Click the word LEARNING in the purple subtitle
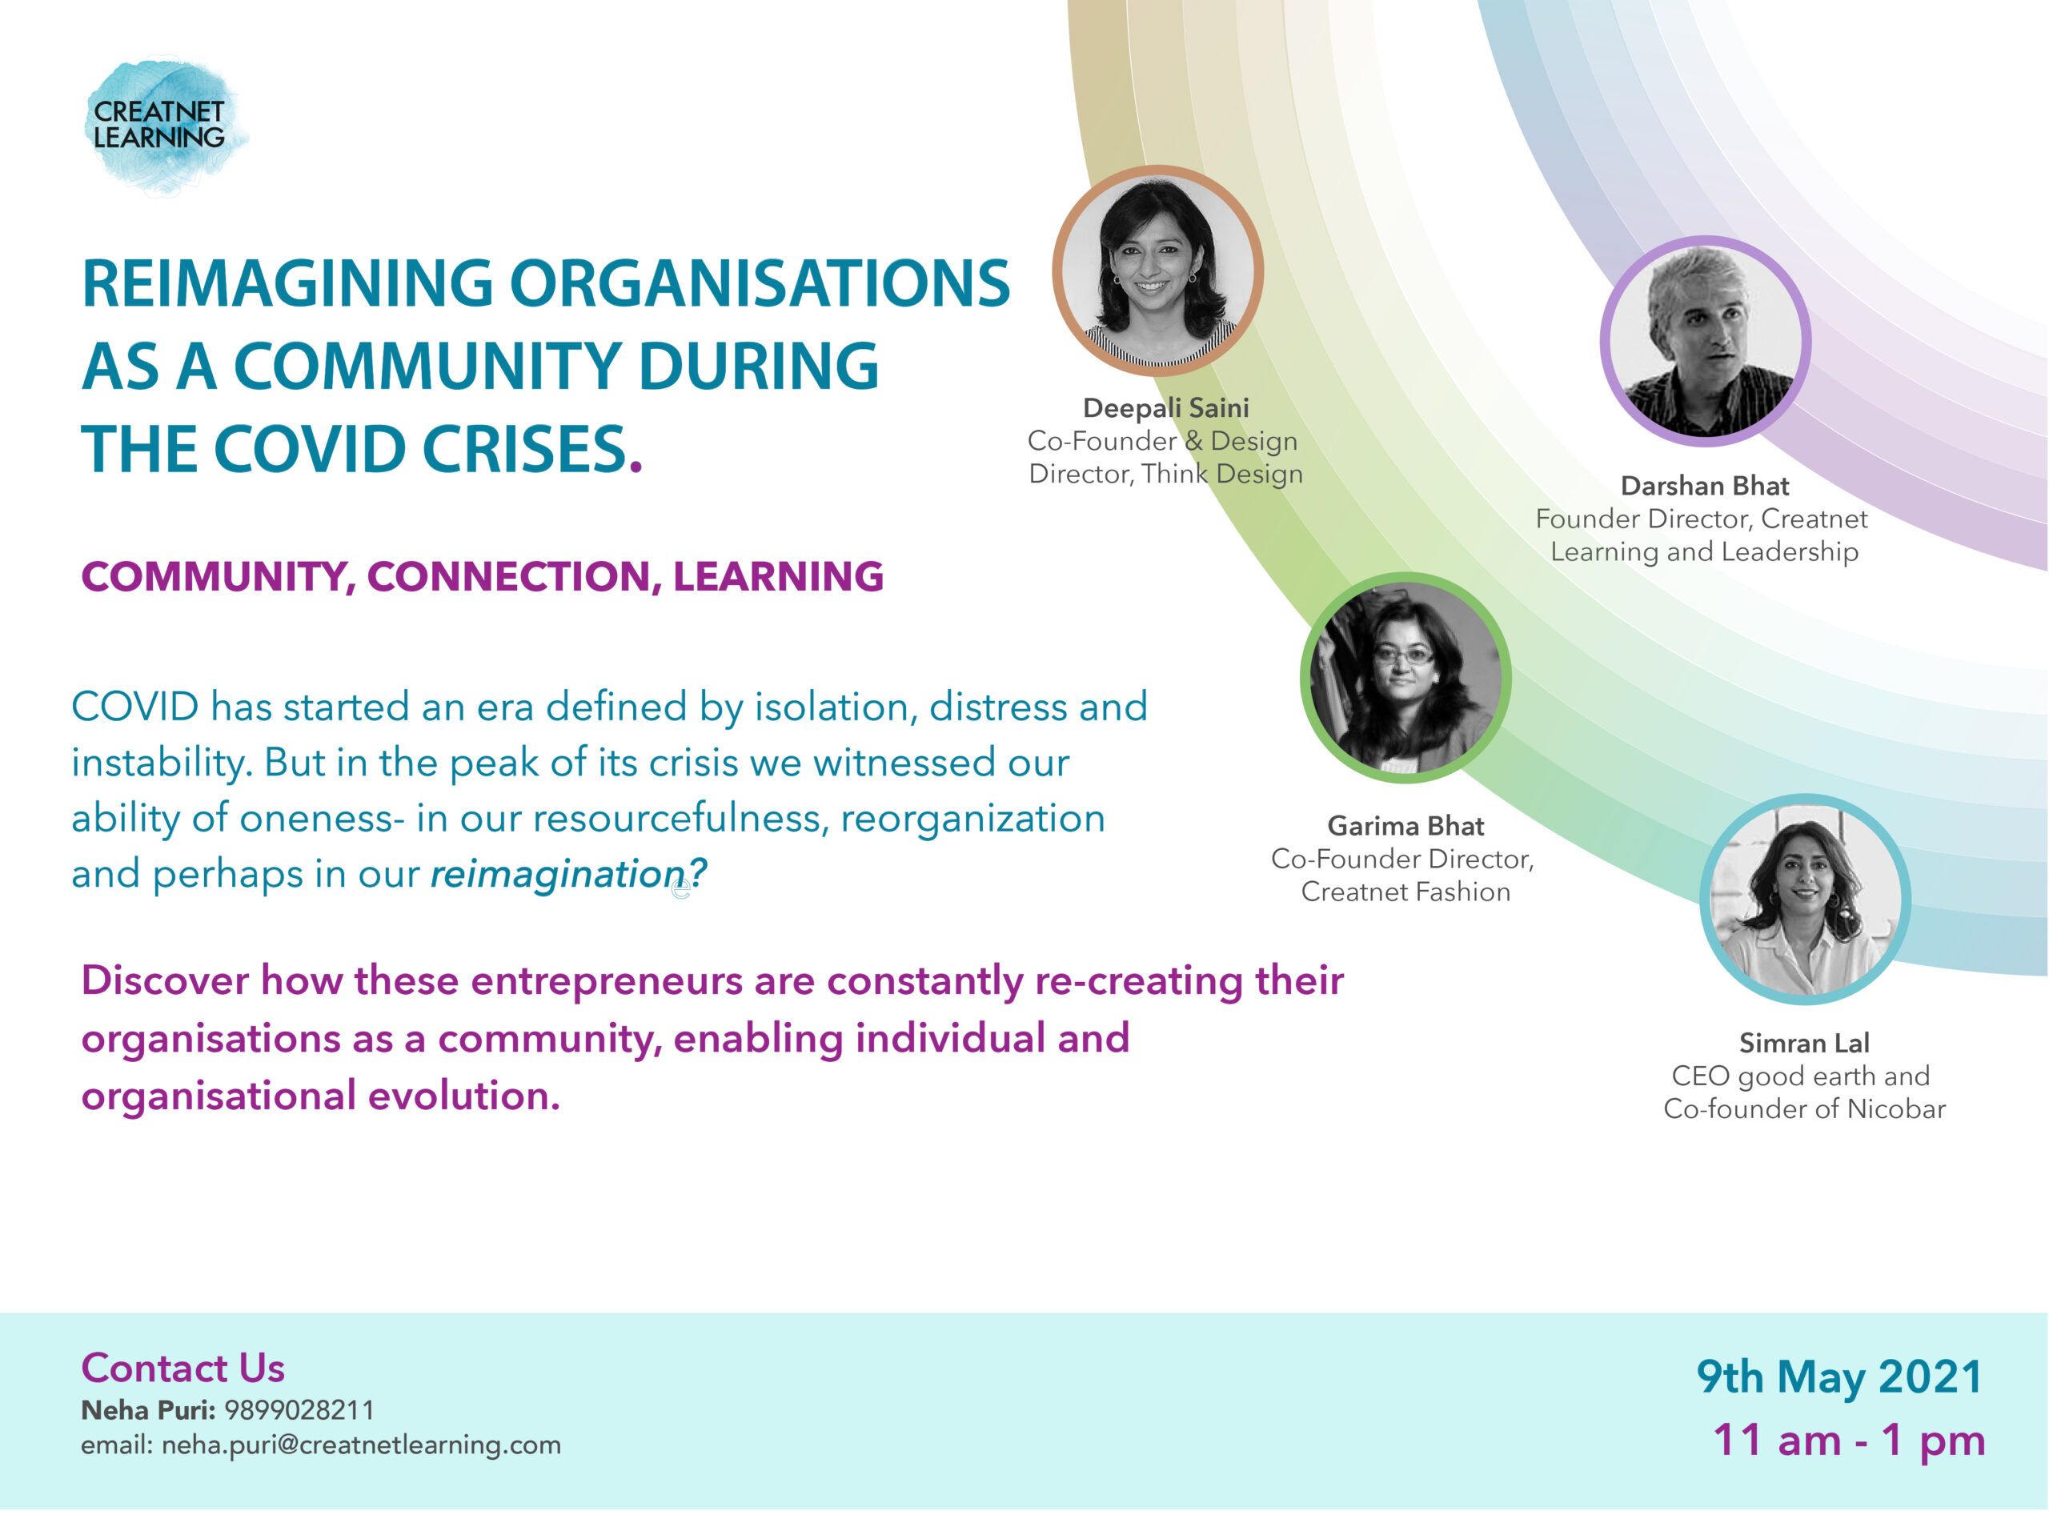(778, 577)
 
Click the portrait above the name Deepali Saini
(1157, 271)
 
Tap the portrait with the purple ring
(1705, 341)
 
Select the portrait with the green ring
(1405, 678)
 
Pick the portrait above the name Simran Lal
(1805, 899)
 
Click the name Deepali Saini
(1165, 408)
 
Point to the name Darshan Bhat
(1705, 486)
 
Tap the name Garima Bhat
(1405, 826)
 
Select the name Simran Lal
(1804, 1044)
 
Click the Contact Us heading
(182, 1369)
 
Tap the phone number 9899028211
(299, 1410)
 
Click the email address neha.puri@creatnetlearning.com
(361, 1445)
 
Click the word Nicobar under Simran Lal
(1896, 1108)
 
